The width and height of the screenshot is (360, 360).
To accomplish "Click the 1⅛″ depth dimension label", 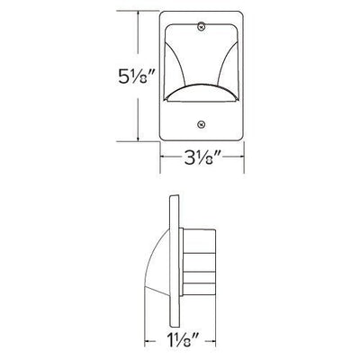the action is (x=183, y=342).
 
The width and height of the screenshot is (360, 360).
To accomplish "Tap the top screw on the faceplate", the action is (x=202, y=26).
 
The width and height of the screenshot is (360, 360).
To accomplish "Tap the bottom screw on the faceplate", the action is (x=201, y=123).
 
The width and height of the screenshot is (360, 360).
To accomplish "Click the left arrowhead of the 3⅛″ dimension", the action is (x=163, y=157).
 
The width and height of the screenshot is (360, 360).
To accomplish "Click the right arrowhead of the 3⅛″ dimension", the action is (x=242, y=157).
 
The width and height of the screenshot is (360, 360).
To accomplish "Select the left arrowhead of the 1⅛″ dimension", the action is (x=148, y=341).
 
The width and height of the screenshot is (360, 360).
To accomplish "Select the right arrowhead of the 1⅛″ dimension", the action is (x=213, y=341).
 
